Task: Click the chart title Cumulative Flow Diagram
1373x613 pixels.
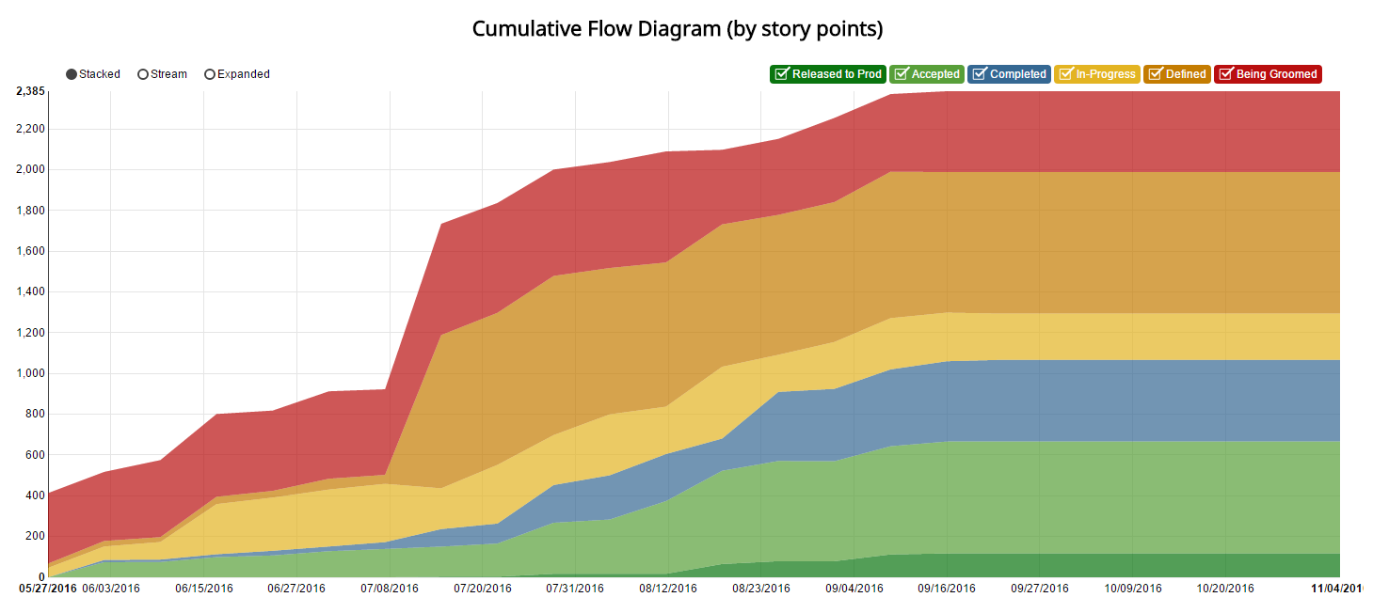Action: pos(677,29)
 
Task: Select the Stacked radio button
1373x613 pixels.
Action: pos(72,74)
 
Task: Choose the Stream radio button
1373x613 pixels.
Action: pos(143,74)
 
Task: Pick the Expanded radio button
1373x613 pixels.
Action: pos(210,74)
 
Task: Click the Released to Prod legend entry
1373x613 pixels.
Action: pos(827,74)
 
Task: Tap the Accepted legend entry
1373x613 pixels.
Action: pos(927,74)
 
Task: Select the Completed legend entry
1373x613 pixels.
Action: pos(1009,74)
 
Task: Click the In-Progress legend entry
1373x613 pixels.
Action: pos(1097,74)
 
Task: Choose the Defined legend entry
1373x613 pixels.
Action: pos(1176,74)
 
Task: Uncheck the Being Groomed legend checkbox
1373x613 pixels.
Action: pos(1225,74)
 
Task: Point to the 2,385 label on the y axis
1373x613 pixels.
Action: pos(30,91)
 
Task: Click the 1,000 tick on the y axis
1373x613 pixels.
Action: pos(30,373)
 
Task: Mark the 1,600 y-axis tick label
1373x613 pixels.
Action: pos(30,251)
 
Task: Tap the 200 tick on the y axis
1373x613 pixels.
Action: pos(36,536)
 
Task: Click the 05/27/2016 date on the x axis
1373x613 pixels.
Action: pos(47,589)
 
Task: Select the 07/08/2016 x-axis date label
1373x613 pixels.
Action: pos(390,589)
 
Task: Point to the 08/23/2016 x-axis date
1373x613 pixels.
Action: pos(761,589)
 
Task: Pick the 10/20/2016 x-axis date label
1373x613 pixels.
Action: pos(1225,589)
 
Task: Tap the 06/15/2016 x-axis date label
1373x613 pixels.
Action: pos(204,589)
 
